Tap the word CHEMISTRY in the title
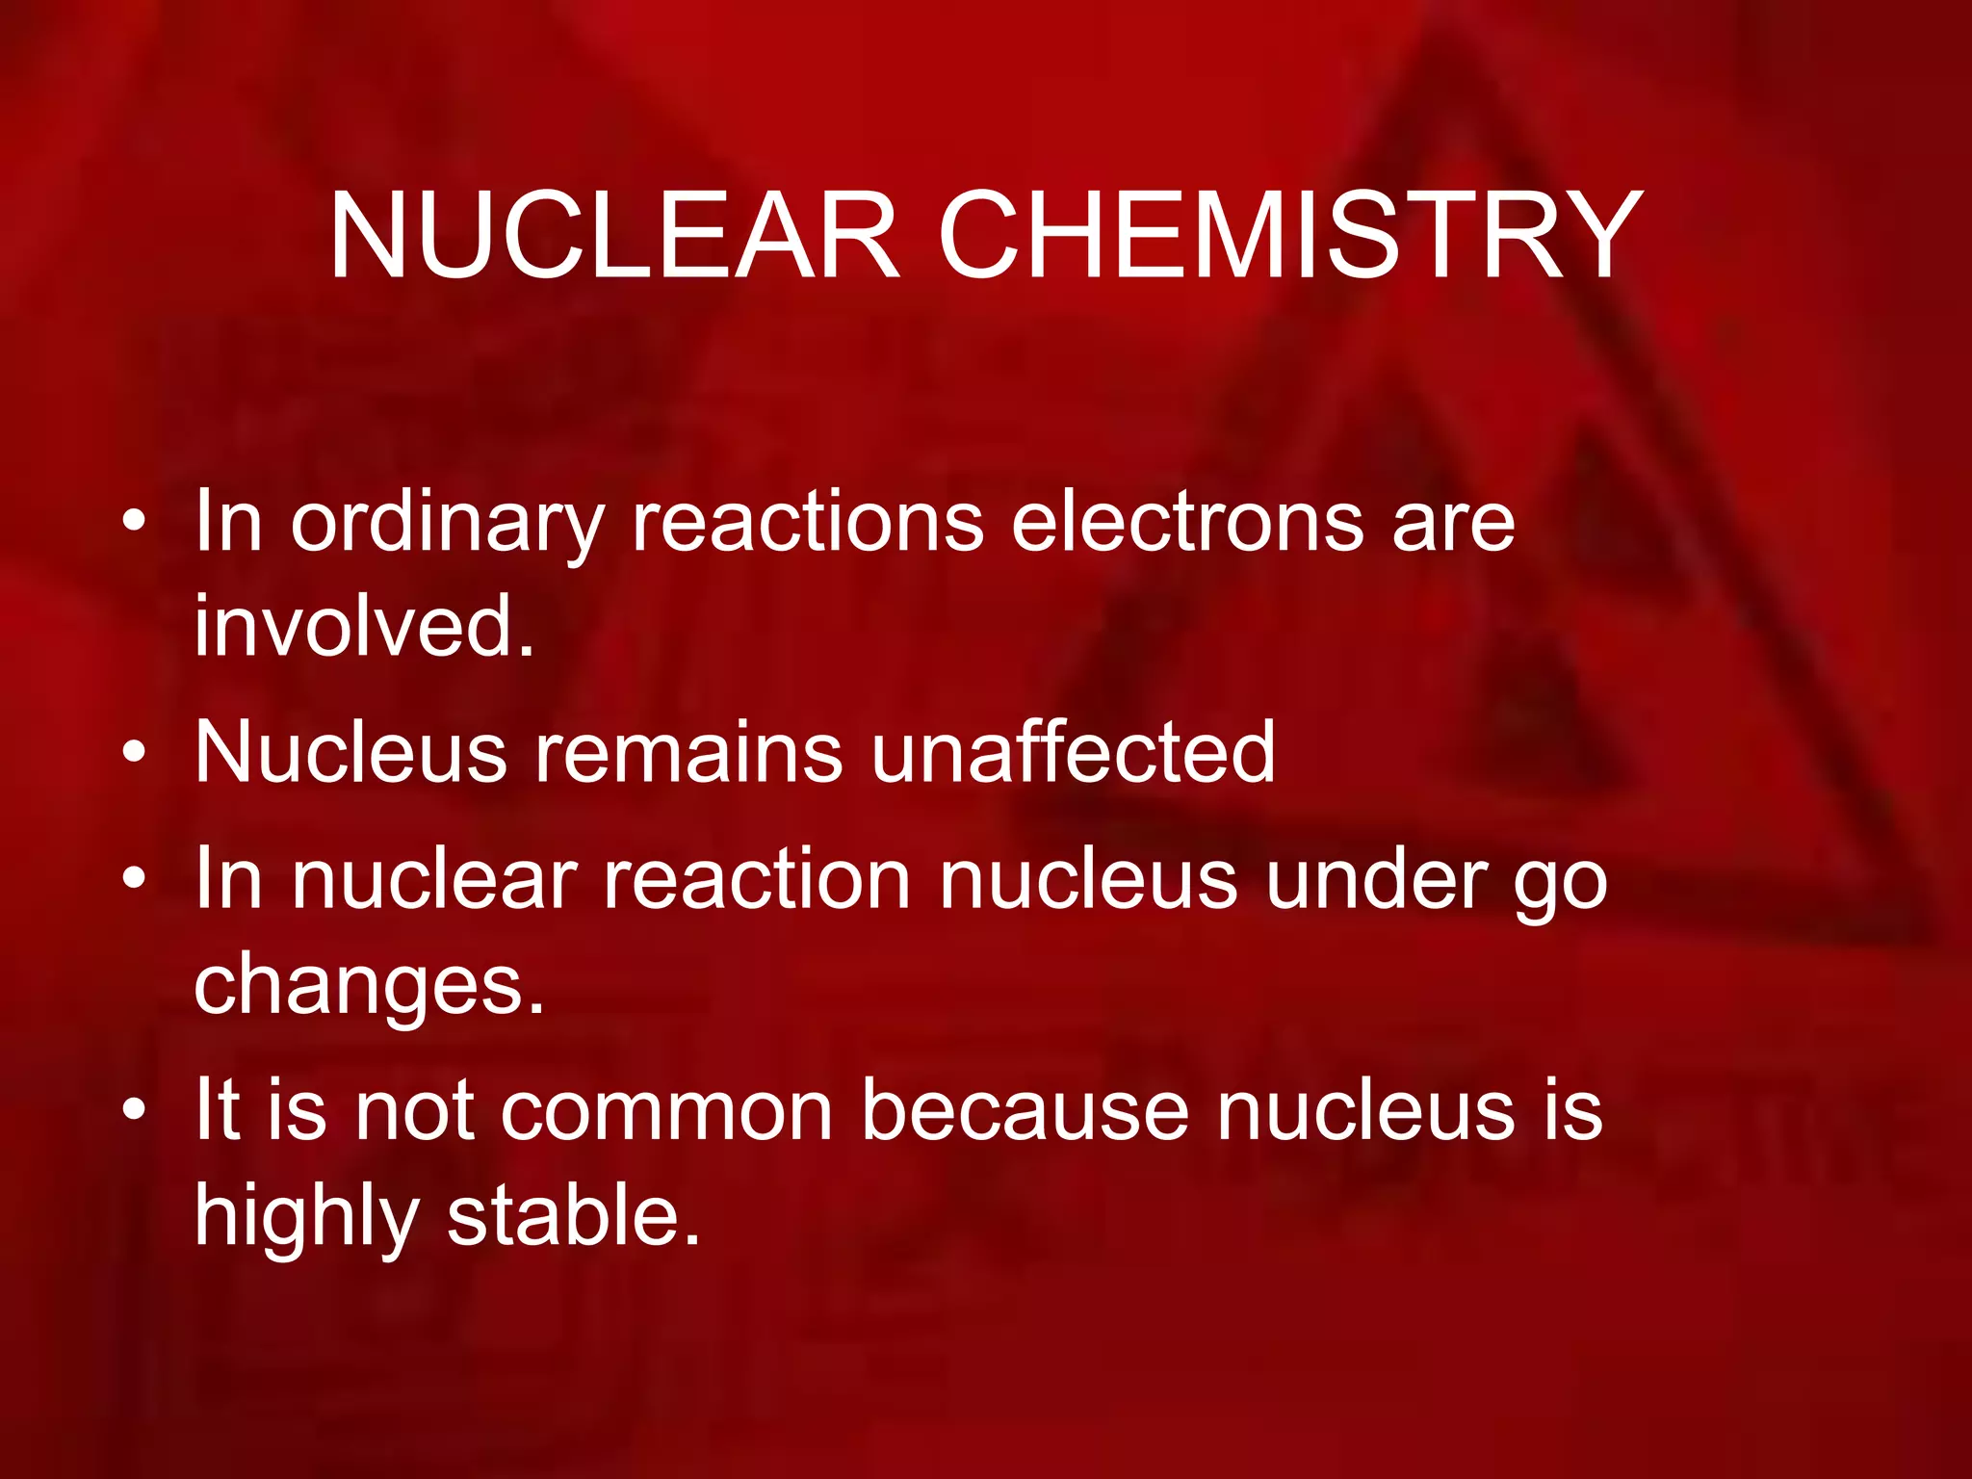1290,236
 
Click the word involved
364,626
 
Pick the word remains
688,752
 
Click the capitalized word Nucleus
350,752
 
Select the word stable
574,1215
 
